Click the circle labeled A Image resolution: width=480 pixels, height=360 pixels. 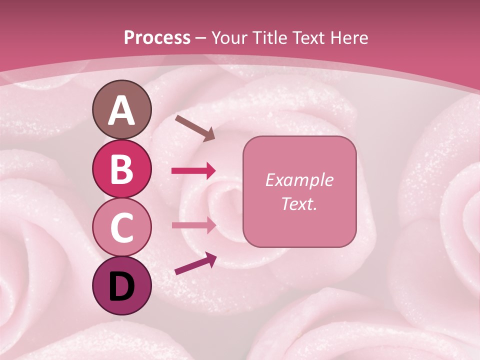122,109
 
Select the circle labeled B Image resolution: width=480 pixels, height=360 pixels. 122,169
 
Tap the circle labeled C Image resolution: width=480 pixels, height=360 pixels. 122,227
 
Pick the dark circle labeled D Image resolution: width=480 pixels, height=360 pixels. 122,285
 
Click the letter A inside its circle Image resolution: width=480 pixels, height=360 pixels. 122,110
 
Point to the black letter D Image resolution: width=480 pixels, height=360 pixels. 122,286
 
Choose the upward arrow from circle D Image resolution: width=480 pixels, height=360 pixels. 195,264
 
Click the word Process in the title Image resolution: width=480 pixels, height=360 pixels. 157,37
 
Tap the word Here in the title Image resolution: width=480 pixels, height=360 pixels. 350,37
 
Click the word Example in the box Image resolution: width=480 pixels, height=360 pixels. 299,180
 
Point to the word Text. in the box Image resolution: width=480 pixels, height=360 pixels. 299,203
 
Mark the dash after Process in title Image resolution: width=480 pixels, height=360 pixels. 201,38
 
